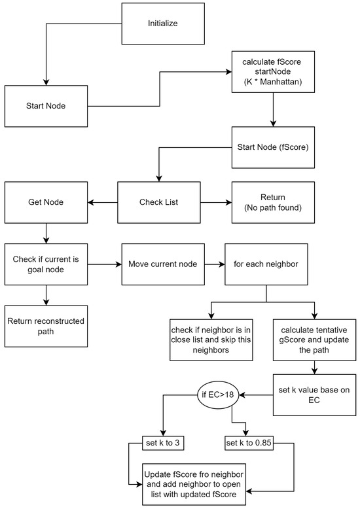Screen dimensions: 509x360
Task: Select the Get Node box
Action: [46, 203]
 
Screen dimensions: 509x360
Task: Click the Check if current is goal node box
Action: [46, 264]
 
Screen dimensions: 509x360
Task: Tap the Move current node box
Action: [162, 264]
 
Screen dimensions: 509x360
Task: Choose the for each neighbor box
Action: [266, 264]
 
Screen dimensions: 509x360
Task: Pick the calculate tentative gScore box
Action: [315, 340]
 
